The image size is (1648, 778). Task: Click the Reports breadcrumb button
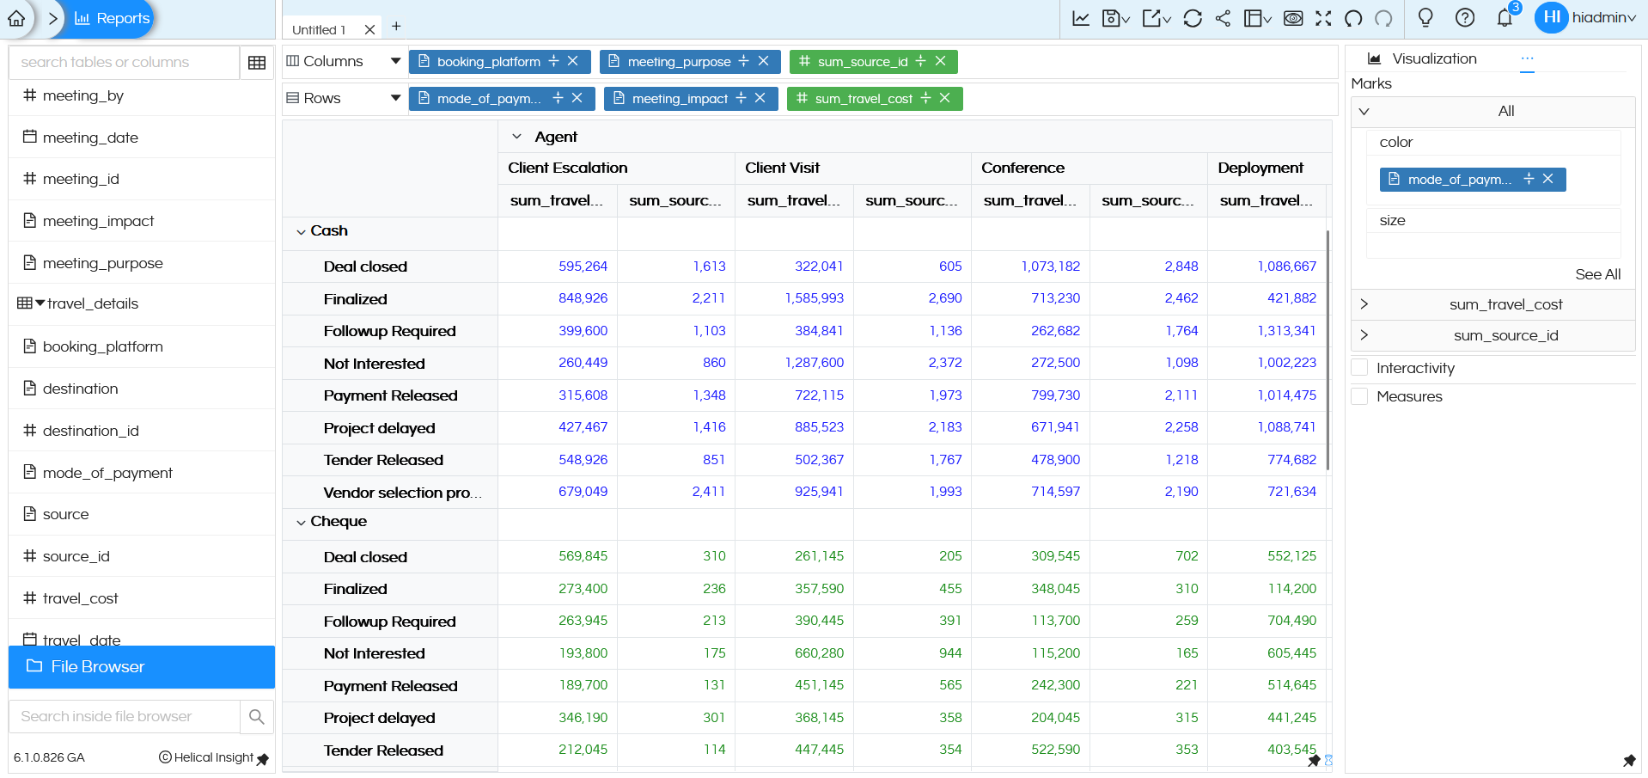[x=112, y=18]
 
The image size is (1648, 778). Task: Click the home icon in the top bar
[x=16, y=18]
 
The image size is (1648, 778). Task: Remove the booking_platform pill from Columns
[x=573, y=61]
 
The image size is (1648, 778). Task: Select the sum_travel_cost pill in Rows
[x=863, y=99]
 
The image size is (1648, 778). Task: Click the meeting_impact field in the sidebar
[x=98, y=221]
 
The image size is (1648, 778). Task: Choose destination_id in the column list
[x=90, y=431]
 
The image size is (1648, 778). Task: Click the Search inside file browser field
[x=124, y=716]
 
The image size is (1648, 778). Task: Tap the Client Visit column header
[x=782, y=168]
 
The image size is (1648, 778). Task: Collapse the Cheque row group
[x=301, y=523]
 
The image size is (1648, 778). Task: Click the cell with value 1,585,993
[x=814, y=298]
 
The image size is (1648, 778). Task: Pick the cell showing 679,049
[x=583, y=492]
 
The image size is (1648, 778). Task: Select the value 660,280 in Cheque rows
[x=819, y=653]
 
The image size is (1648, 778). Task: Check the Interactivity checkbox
[x=1359, y=368]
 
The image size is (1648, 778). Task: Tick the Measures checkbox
[x=1359, y=396]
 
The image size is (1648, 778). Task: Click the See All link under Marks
[x=1597, y=274]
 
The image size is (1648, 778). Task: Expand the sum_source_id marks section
[x=1364, y=335]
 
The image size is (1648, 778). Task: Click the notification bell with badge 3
[x=1505, y=17]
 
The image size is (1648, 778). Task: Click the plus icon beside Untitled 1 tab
[x=396, y=27]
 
